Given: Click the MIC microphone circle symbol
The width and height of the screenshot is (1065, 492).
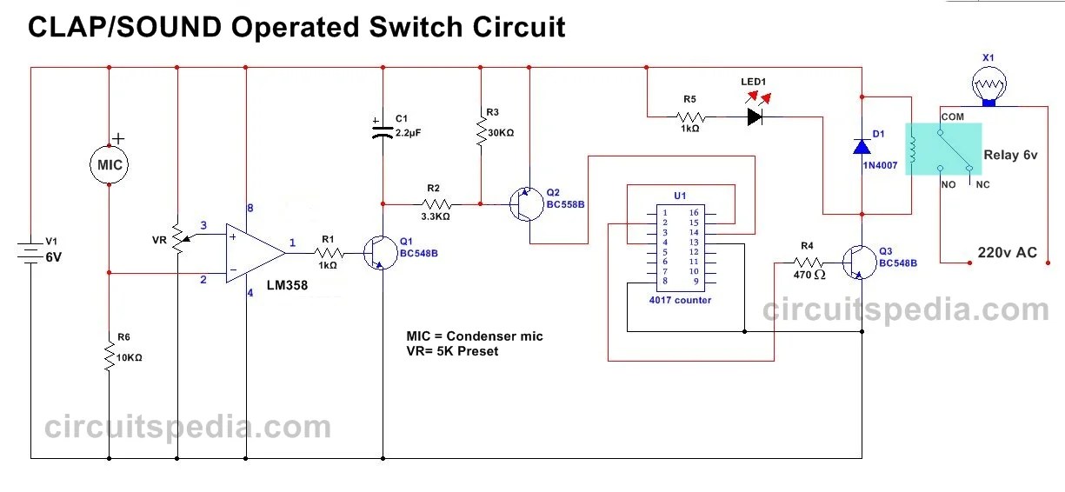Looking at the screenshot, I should (110, 165).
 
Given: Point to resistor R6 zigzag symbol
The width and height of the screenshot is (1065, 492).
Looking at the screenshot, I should (110, 356).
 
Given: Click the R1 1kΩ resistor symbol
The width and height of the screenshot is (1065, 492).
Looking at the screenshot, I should (328, 253).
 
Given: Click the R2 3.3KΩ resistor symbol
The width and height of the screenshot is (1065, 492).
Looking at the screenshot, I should (434, 204).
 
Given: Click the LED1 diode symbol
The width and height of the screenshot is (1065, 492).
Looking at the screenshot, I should (754, 116).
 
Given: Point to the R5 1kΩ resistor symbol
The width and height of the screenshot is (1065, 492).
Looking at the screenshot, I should (689, 116).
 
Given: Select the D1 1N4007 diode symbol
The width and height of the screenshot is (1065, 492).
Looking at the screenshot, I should (862, 146).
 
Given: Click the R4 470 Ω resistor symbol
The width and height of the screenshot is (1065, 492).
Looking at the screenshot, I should (808, 261).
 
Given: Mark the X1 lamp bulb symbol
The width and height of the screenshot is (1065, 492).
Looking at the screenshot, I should (988, 87).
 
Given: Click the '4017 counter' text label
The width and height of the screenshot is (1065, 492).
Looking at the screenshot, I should (681, 300).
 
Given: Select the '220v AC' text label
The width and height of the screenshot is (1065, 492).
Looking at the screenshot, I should (1007, 253).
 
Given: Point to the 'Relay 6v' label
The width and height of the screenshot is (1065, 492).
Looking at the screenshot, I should (1011, 155).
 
